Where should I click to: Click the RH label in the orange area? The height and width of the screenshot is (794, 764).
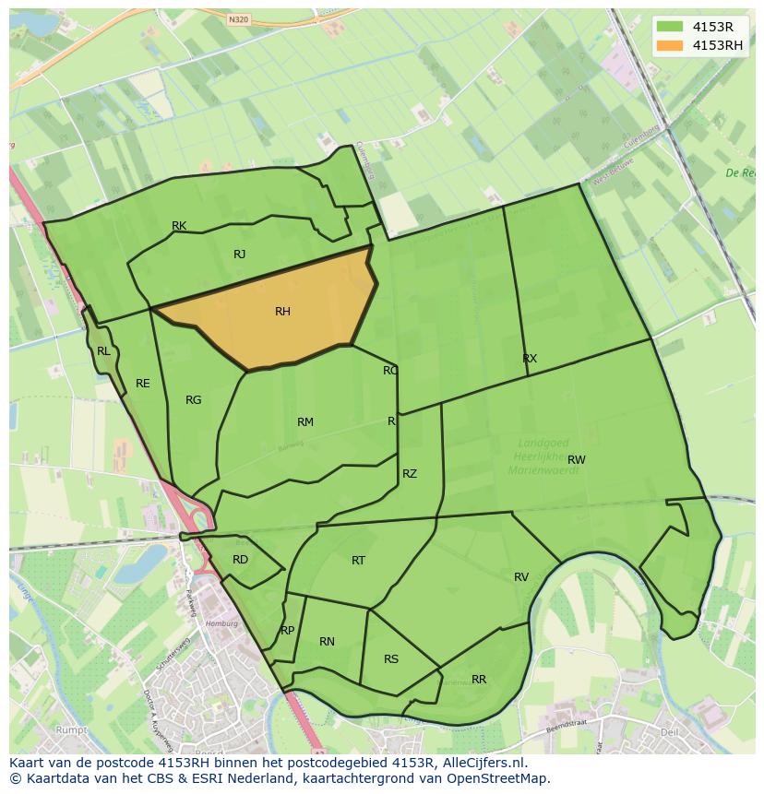[282, 312]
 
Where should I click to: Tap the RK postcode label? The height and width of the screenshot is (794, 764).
[179, 226]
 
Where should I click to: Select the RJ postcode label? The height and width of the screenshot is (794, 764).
[239, 255]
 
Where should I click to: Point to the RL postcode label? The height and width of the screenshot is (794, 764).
[103, 351]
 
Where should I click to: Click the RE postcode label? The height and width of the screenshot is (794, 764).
[142, 384]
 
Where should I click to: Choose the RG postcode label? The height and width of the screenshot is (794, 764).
[193, 400]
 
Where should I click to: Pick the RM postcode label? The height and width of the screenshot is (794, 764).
[305, 422]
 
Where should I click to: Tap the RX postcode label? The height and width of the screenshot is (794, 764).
[530, 359]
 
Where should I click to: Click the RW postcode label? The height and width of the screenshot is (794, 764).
[577, 459]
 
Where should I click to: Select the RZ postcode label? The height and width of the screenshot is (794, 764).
[410, 474]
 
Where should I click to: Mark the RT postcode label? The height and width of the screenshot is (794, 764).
[358, 561]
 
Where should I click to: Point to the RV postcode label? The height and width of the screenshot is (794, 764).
[521, 577]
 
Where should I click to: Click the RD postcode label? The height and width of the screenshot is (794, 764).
[240, 560]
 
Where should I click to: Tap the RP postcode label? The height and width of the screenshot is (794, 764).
[287, 631]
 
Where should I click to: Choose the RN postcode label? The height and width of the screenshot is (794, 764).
[327, 642]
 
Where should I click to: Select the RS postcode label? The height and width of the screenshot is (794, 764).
[391, 659]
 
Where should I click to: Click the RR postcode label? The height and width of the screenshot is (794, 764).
[479, 680]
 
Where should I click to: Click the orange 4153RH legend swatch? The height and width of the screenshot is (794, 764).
[670, 45]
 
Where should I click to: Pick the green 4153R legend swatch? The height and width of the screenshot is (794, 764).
[670, 27]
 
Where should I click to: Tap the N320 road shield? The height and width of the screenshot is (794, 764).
[238, 19]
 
